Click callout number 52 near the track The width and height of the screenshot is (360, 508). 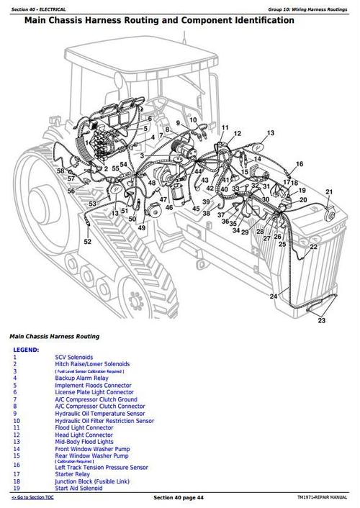(x=88, y=242)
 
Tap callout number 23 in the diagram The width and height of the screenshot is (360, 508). (x=321, y=321)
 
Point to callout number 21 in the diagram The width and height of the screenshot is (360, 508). (x=329, y=191)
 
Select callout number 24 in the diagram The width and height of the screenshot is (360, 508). (x=273, y=296)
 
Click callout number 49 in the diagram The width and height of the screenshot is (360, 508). (x=142, y=228)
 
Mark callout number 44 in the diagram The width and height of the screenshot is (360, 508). (x=198, y=172)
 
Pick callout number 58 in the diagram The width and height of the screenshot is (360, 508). (x=61, y=171)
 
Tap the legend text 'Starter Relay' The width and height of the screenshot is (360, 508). (x=73, y=474)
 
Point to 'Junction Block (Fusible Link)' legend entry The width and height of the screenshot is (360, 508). (x=94, y=481)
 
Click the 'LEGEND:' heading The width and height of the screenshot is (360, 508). (x=27, y=349)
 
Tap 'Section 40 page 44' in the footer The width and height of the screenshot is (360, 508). (x=179, y=498)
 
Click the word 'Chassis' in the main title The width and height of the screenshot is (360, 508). (x=81, y=21)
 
